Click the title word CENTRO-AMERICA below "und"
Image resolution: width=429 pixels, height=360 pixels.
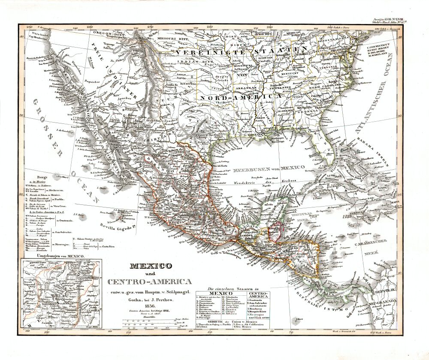pyautogui.click(x=150, y=282)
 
